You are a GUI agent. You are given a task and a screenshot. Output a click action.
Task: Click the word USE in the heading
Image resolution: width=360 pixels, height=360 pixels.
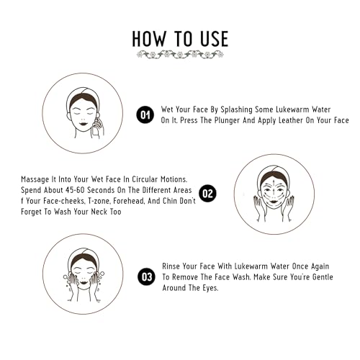pyautogui.click(x=215, y=39)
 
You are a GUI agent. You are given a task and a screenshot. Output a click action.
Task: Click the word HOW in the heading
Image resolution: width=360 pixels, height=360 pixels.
pyautogui.click(x=149, y=39)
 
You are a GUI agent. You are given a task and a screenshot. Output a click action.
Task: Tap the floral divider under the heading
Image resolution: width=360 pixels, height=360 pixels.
pyautogui.click(x=180, y=55)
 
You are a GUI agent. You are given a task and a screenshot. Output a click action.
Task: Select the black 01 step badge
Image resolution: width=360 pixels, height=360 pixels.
pyautogui.click(x=145, y=114)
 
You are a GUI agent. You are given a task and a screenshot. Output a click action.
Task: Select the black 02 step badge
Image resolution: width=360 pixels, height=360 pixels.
pyautogui.click(x=207, y=193)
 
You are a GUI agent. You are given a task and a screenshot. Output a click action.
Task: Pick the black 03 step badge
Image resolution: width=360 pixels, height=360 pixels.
pyautogui.click(x=146, y=276)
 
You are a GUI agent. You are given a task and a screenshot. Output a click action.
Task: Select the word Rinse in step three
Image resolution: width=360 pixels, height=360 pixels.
pyautogui.click(x=171, y=266)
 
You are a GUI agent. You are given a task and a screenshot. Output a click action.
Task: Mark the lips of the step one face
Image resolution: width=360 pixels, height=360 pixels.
pyautogui.click(x=83, y=124)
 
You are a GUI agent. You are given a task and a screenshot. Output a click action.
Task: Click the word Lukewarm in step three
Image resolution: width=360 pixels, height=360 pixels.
pyautogui.click(x=250, y=266)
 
